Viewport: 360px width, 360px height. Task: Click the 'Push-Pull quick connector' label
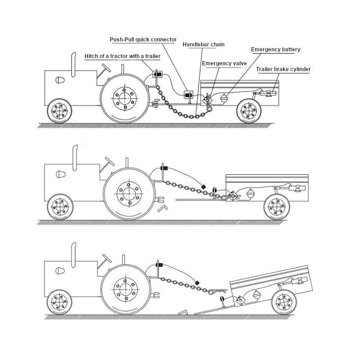click(143, 40)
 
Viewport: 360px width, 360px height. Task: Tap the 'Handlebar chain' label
click(203, 45)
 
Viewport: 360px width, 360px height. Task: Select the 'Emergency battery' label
click(275, 49)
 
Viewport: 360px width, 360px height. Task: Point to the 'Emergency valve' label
click(224, 63)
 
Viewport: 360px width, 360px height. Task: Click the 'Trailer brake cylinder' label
click(283, 69)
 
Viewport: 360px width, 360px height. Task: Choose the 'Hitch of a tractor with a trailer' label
click(122, 56)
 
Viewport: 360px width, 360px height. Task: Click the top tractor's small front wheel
click(59, 111)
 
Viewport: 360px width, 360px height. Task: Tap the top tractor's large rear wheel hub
click(125, 99)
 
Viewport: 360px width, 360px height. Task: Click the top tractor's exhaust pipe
click(73, 64)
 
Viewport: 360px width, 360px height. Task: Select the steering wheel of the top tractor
click(106, 68)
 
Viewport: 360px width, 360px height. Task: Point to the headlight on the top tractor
click(60, 80)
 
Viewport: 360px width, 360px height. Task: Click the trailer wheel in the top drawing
click(249, 111)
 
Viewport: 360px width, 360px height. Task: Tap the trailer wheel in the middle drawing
click(277, 207)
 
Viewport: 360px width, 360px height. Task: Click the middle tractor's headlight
click(61, 175)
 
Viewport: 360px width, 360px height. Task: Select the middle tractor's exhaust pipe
click(75, 158)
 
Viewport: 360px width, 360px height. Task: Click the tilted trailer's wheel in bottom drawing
click(284, 302)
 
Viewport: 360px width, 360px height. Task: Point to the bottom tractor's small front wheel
click(59, 302)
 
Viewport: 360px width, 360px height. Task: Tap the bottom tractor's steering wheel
click(107, 258)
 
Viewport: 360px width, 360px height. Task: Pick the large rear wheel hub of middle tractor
click(129, 194)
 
